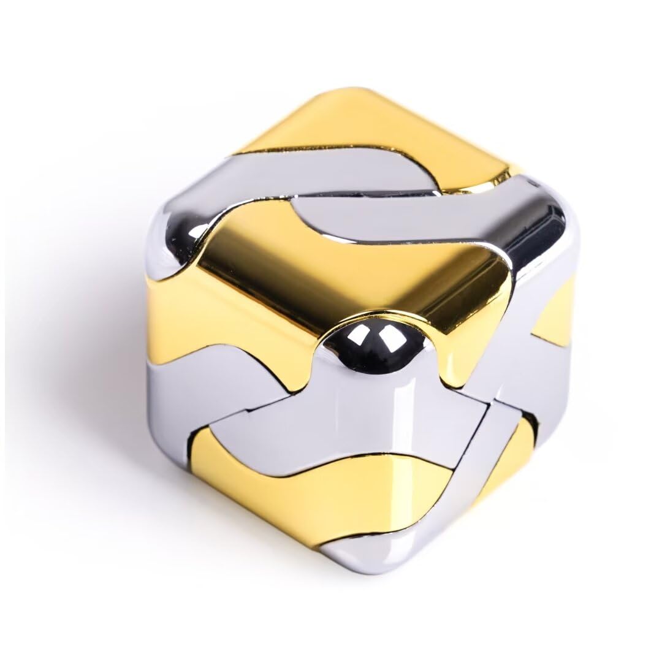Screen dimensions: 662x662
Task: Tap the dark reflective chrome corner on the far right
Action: pos(555,233)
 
